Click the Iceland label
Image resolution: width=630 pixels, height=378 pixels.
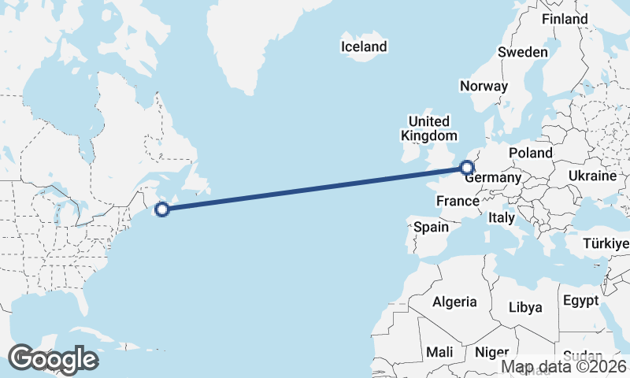point(364,46)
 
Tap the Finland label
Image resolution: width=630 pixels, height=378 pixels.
point(565,18)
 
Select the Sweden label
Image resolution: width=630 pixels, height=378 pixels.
point(522,52)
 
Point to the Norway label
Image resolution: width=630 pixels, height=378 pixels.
point(484,87)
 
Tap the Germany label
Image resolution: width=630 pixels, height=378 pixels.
point(494,178)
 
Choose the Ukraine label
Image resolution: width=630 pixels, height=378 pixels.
point(591,176)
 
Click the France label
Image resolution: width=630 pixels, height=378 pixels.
point(458,201)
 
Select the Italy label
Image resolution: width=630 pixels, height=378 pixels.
point(502,217)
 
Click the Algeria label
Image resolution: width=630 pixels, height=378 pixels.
point(454,301)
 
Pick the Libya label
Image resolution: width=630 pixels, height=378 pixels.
point(525,306)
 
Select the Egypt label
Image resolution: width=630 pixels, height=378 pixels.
point(580,301)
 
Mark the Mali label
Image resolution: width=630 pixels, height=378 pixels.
point(439,352)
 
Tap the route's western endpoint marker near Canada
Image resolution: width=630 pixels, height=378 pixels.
point(162,209)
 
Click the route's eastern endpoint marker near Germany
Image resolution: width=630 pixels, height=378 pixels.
point(466,167)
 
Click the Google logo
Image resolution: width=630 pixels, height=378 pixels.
point(53,359)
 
